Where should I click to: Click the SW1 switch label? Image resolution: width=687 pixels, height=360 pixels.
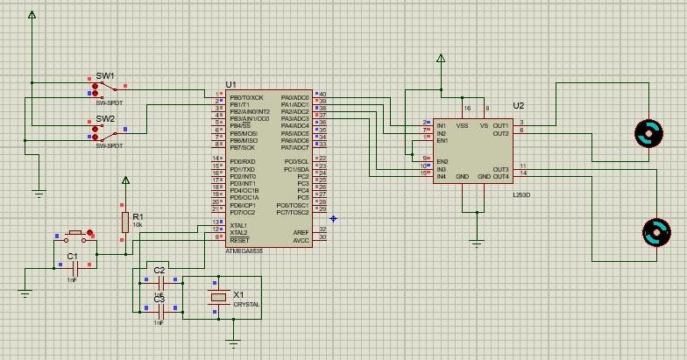[x=105, y=76]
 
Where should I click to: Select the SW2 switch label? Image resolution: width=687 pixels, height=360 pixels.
[x=105, y=118]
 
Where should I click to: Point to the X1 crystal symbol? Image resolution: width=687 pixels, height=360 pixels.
[x=218, y=299]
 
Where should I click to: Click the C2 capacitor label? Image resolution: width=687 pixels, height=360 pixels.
[x=159, y=271]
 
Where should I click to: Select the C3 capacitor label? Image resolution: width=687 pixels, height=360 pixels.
[x=159, y=300]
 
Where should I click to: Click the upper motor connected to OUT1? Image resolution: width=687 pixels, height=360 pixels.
[x=649, y=133]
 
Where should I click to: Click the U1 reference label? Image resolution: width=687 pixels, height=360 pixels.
[x=231, y=85]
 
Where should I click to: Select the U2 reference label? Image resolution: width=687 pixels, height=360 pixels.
[x=519, y=105]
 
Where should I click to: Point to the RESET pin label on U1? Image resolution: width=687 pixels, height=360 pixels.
[x=239, y=239]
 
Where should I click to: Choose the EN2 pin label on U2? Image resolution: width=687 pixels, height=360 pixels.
[x=443, y=162]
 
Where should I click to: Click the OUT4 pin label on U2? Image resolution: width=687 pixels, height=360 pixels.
[x=500, y=177]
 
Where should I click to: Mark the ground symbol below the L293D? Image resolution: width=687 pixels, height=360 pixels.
[x=477, y=241]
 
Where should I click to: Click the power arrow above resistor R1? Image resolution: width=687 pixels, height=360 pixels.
[x=125, y=181]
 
